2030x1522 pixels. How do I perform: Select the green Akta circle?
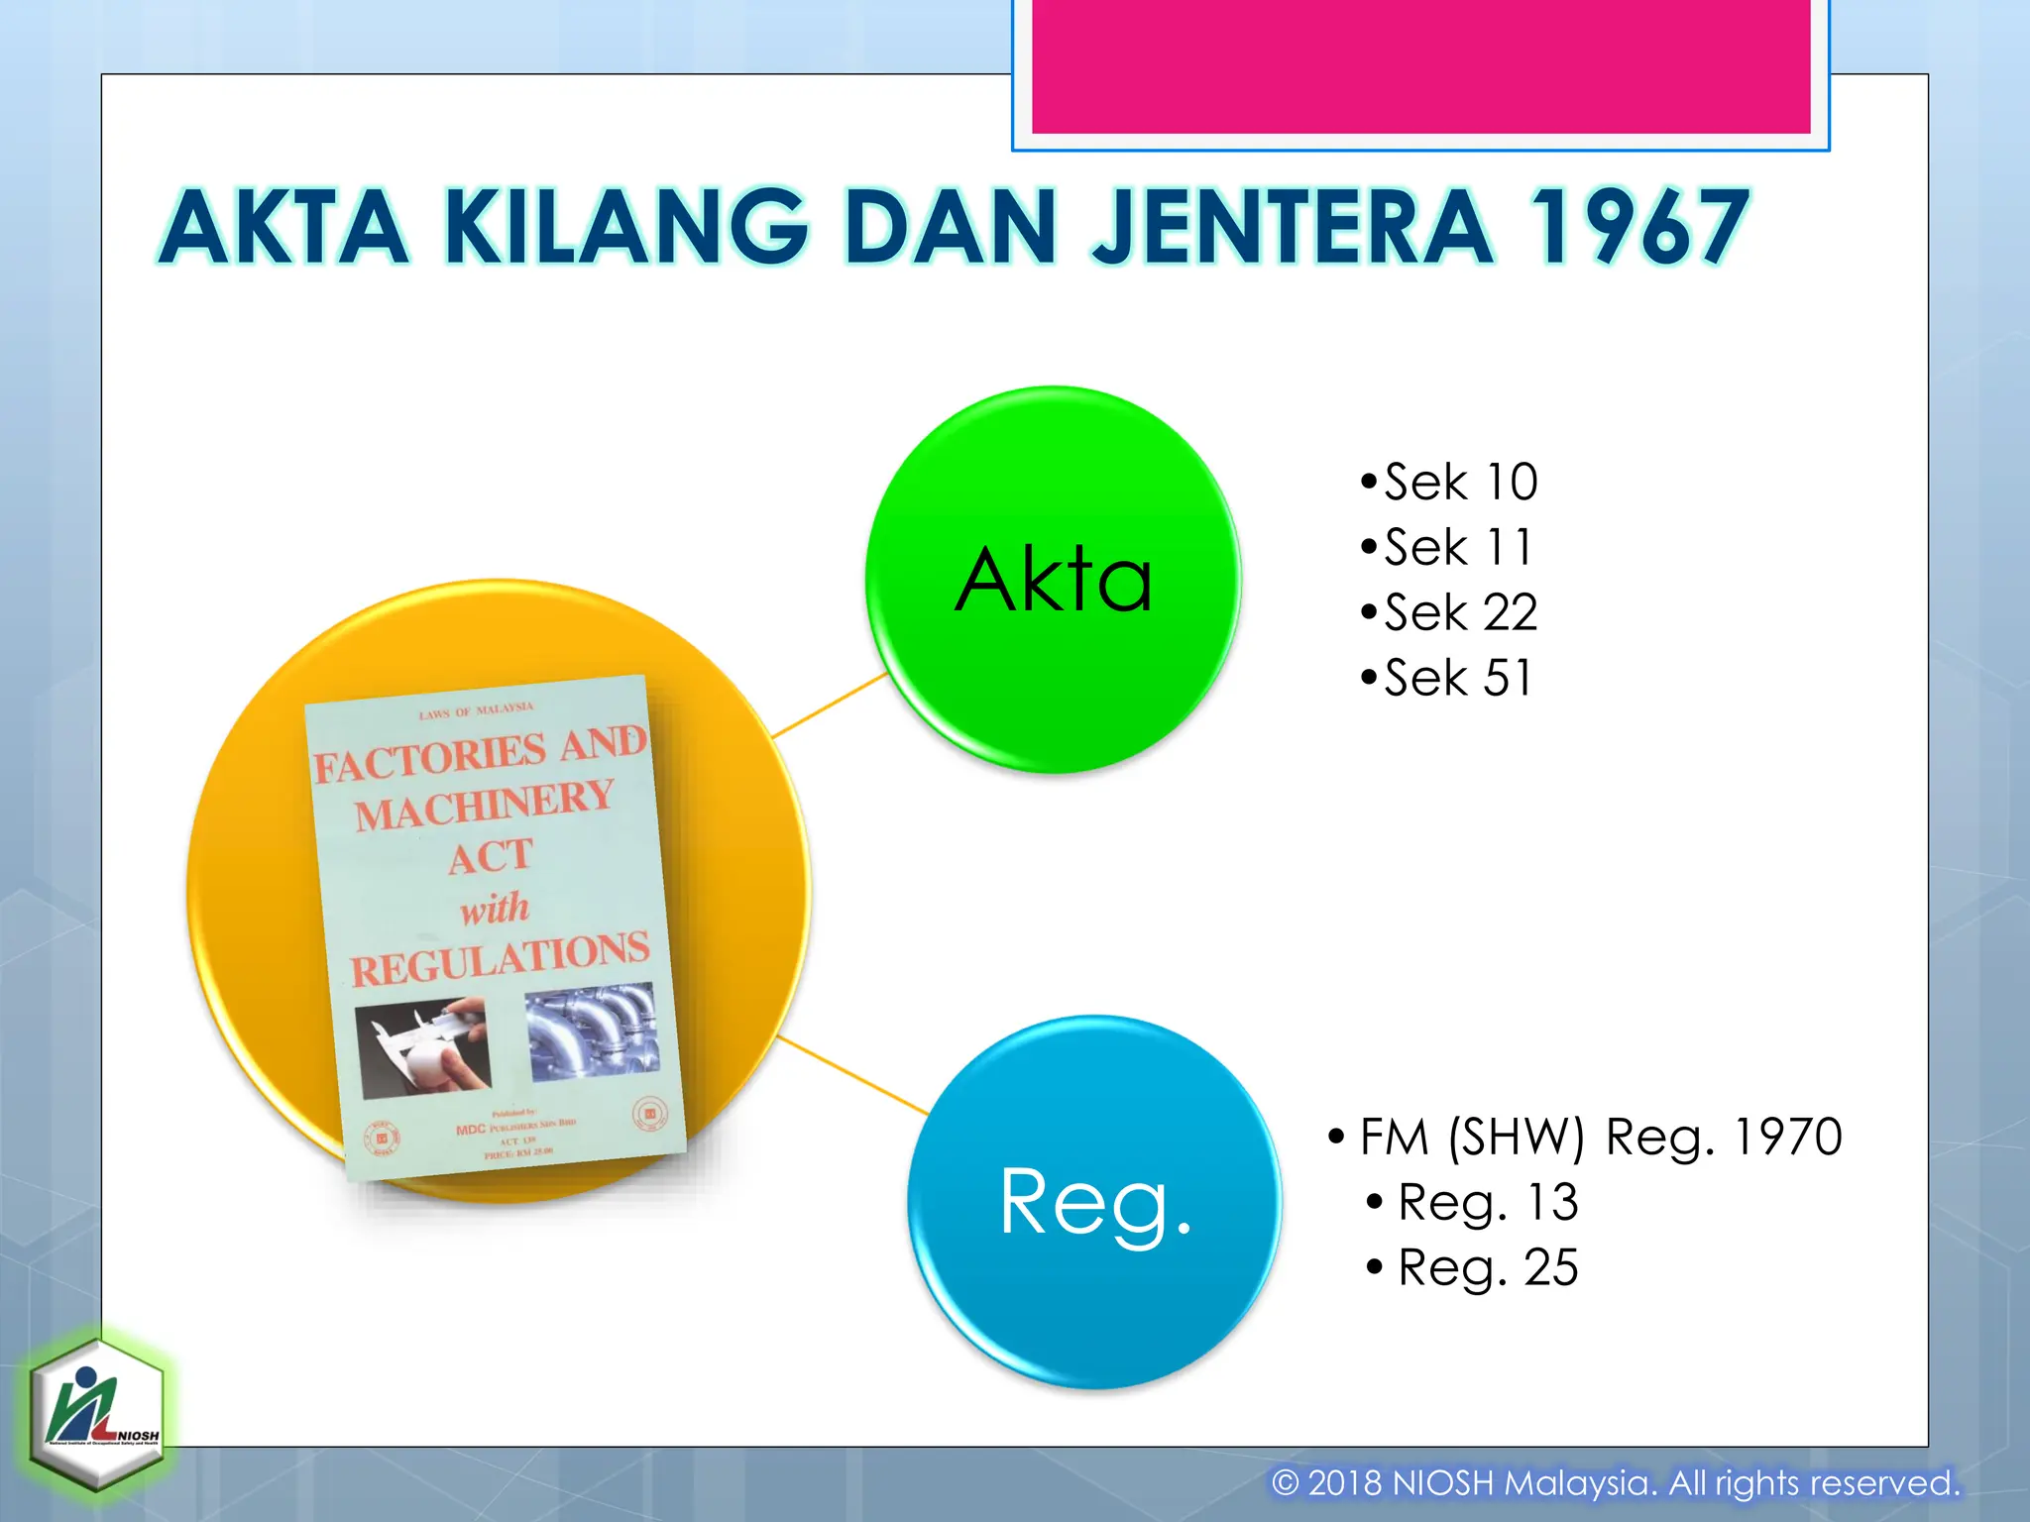(x=1054, y=579)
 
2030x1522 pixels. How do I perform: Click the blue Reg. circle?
(x=1094, y=1201)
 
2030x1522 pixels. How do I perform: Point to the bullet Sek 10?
(x=1450, y=483)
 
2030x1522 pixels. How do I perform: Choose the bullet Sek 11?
(x=1448, y=548)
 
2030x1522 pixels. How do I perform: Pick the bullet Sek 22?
(x=1450, y=612)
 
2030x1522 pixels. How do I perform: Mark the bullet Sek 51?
(x=1448, y=678)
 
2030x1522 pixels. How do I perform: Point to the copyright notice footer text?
(x=1616, y=1483)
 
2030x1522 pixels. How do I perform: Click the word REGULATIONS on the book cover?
(x=500, y=958)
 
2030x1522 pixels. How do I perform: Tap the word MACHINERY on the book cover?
(x=485, y=805)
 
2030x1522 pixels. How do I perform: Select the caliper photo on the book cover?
(x=423, y=1047)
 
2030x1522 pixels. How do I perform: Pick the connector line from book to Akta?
(x=829, y=706)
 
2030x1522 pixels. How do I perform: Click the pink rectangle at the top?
(x=1420, y=65)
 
